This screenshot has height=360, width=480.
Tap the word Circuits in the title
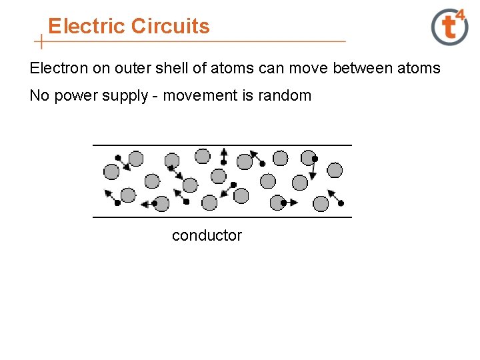pyautogui.click(x=171, y=27)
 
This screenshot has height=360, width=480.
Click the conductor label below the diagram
pyautogui.click(x=207, y=235)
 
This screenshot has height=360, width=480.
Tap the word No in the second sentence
pyautogui.click(x=38, y=96)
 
